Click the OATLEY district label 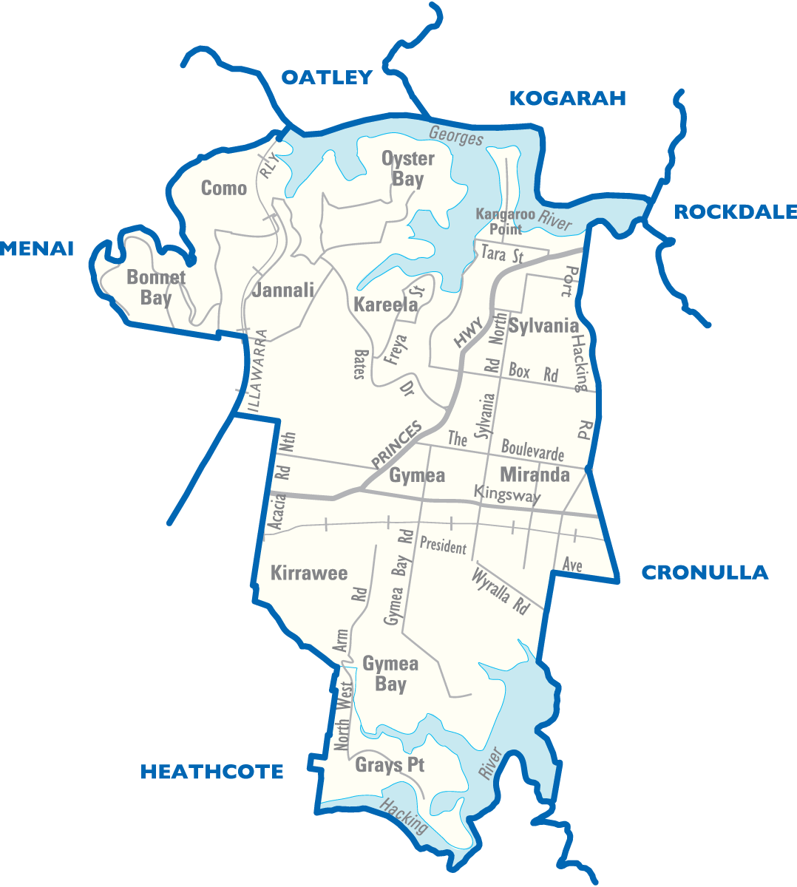click(326, 78)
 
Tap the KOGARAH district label click(568, 98)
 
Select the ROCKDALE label click(735, 212)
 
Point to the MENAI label click(37, 249)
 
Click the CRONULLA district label click(704, 572)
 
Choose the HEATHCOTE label click(212, 772)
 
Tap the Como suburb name click(224, 188)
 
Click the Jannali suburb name click(283, 290)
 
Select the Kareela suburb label click(385, 305)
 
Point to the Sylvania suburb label click(543, 326)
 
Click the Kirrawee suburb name click(309, 574)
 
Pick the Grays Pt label click(390, 765)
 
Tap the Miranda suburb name click(535, 475)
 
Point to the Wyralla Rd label click(501, 591)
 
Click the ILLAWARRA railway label click(257, 370)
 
